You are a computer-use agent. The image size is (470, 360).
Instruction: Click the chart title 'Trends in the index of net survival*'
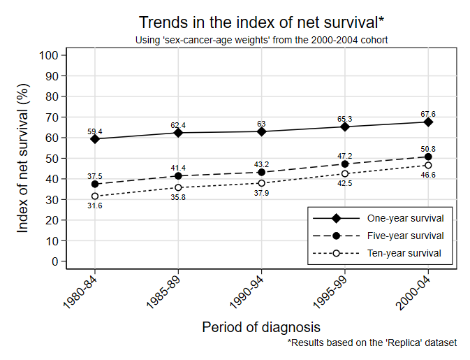point(261,22)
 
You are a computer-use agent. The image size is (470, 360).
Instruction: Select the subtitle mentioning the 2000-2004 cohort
point(261,40)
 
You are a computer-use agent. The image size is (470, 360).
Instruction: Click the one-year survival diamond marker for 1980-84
point(95,139)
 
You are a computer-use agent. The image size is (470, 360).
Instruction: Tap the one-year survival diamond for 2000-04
point(428,122)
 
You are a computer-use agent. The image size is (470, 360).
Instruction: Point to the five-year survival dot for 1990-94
point(262,172)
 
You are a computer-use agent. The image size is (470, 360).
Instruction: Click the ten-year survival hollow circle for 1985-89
point(179,187)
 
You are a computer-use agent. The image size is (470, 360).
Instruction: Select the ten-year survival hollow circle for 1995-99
point(345,173)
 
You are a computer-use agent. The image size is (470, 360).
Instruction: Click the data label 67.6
point(428,113)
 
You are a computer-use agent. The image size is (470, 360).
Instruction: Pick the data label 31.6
point(95,206)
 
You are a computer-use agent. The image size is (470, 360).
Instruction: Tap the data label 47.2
point(345,156)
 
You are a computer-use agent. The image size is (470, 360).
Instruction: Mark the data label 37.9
point(262,193)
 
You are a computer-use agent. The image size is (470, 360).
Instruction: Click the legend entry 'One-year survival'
point(400,218)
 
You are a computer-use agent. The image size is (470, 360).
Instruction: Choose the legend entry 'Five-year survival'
point(400,236)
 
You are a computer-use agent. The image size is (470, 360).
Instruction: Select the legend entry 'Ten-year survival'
point(400,253)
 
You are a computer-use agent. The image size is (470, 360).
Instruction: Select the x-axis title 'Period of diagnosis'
point(261,326)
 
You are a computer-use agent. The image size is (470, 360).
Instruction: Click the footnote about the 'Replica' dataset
point(372,343)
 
